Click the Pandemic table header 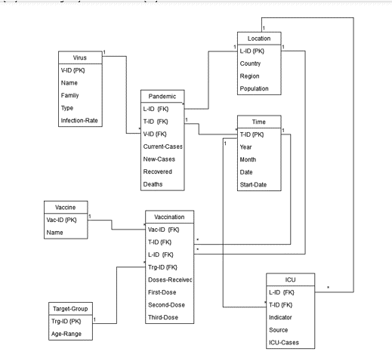pos(162,96)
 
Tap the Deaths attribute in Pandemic pos(155,184)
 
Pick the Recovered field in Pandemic pos(159,171)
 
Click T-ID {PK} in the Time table pos(255,134)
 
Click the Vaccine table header pos(64,205)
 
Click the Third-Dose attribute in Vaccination pos(165,316)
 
